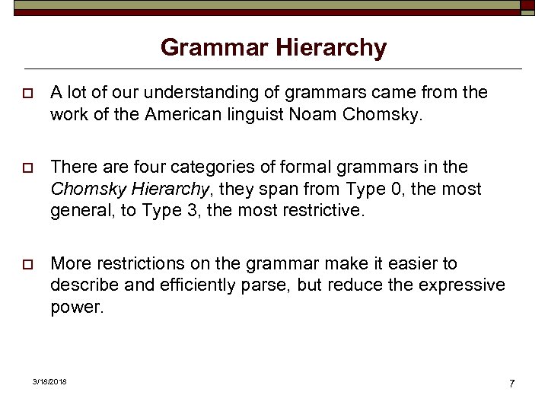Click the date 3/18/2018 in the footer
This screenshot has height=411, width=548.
click(x=49, y=381)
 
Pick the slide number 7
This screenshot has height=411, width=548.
click(x=512, y=383)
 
